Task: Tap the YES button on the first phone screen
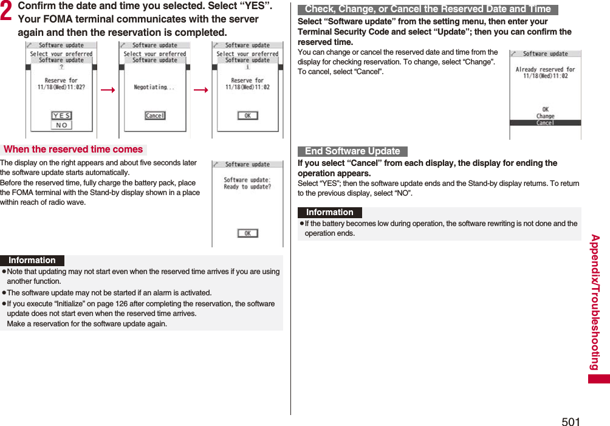click(61, 115)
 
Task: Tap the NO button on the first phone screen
click(61, 125)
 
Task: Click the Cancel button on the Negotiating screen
click(155, 115)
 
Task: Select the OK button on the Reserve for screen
click(247, 115)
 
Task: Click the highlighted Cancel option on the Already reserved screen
click(545, 123)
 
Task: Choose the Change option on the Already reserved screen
click(545, 116)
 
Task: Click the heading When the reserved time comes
click(73, 149)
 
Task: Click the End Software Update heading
click(352, 151)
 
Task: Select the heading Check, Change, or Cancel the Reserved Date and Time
click(428, 9)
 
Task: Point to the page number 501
click(571, 421)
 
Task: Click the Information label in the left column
click(32, 260)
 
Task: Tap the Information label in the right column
click(330, 213)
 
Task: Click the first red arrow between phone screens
click(108, 91)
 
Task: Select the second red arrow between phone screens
click(201, 91)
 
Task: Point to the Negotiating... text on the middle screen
click(154, 88)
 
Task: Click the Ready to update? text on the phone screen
click(247, 187)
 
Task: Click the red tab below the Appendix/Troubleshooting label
click(598, 379)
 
